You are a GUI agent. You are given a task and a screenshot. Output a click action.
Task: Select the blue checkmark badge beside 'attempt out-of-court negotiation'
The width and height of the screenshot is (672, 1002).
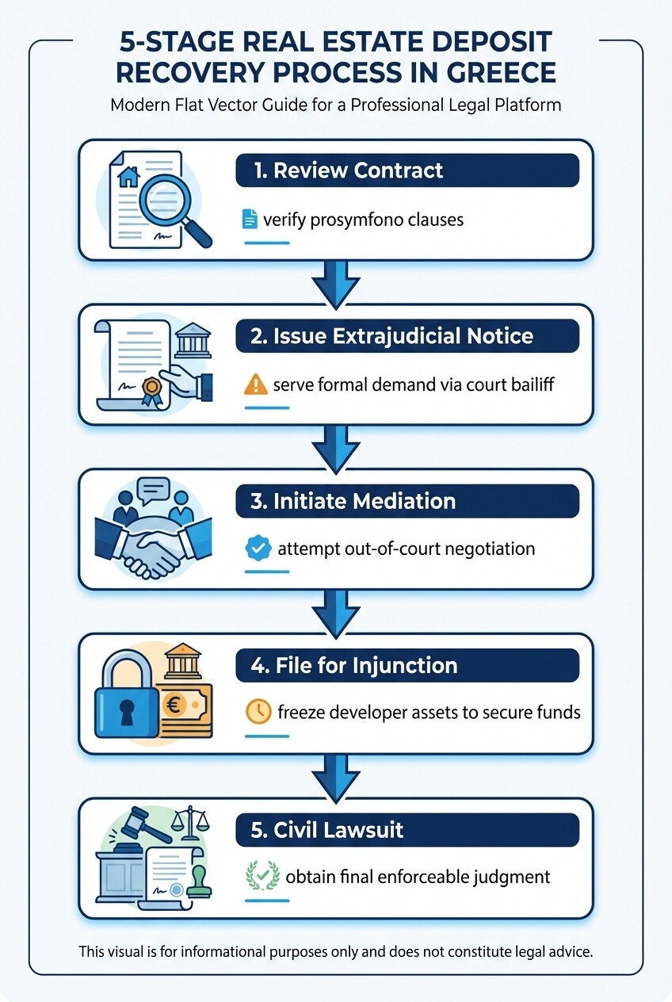255,548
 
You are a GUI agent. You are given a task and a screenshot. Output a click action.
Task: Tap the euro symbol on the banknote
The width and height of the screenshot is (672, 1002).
171,704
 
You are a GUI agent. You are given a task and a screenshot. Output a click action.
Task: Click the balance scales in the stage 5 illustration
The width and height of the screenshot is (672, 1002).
190,825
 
